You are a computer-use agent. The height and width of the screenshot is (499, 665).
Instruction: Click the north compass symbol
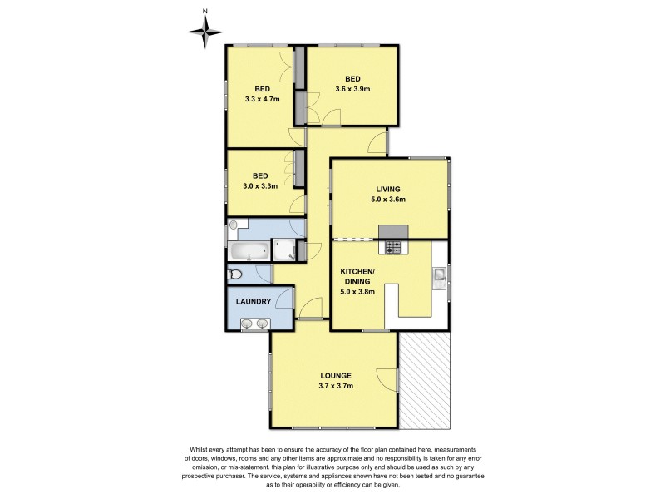(x=204, y=31)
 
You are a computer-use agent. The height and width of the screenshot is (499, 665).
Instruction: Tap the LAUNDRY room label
(x=257, y=301)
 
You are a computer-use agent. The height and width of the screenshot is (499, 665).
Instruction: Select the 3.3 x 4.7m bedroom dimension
(x=262, y=99)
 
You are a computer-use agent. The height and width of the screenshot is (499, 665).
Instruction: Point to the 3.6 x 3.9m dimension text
(x=352, y=89)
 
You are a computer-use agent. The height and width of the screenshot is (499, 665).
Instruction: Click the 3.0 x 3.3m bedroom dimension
(x=261, y=185)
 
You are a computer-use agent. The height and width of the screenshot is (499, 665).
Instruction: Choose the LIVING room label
(x=388, y=189)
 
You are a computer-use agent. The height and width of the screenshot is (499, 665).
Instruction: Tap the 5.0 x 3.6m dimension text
(x=388, y=200)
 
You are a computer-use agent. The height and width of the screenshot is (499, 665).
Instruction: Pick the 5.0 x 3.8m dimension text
(x=358, y=292)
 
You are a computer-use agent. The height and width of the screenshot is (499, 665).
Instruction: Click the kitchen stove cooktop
(x=392, y=247)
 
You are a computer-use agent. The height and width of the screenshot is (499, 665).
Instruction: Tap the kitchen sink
(x=440, y=275)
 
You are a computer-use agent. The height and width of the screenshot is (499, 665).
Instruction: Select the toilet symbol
(x=235, y=274)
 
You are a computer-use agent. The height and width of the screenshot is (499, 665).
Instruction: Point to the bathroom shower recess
(x=284, y=249)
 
